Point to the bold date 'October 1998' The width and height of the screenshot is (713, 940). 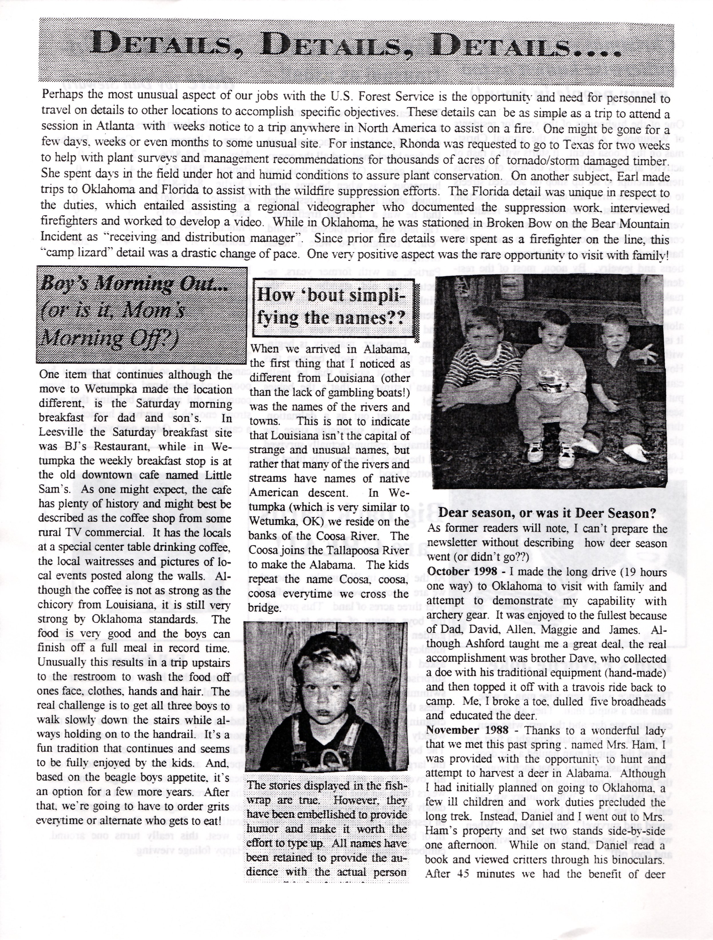(462, 572)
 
